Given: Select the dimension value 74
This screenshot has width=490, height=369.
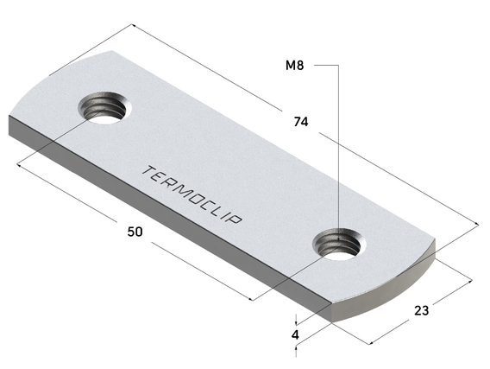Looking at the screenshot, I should pyautogui.click(x=300, y=123).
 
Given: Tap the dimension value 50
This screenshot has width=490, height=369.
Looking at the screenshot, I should pyautogui.click(x=135, y=232).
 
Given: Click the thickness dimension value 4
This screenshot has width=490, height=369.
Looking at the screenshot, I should pyautogui.click(x=295, y=334).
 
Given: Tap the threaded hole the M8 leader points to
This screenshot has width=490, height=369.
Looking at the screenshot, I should pyautogui.click(x=340, y=243).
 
